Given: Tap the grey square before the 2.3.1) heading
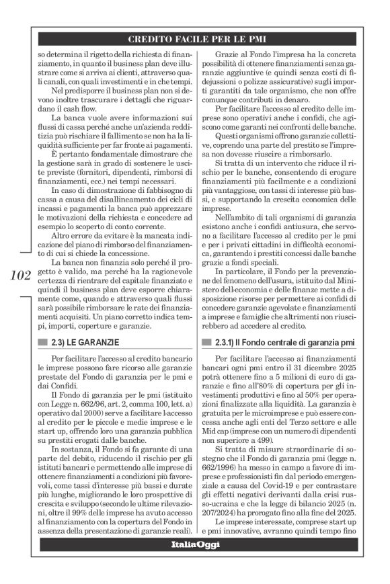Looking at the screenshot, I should click(206, 342).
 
